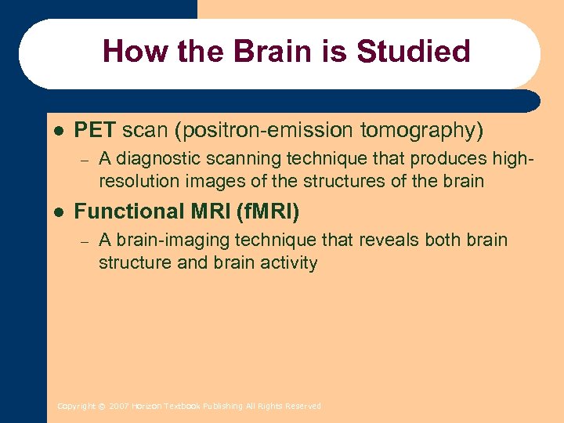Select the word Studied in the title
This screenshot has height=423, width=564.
(x=414, y=52)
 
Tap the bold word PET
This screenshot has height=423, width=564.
(x=95, y=129)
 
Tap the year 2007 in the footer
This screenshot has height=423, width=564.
(x=119, y=407)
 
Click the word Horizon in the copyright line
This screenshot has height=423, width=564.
(x=146, y=407)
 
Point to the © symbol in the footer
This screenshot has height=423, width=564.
(x=102, y=407)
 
